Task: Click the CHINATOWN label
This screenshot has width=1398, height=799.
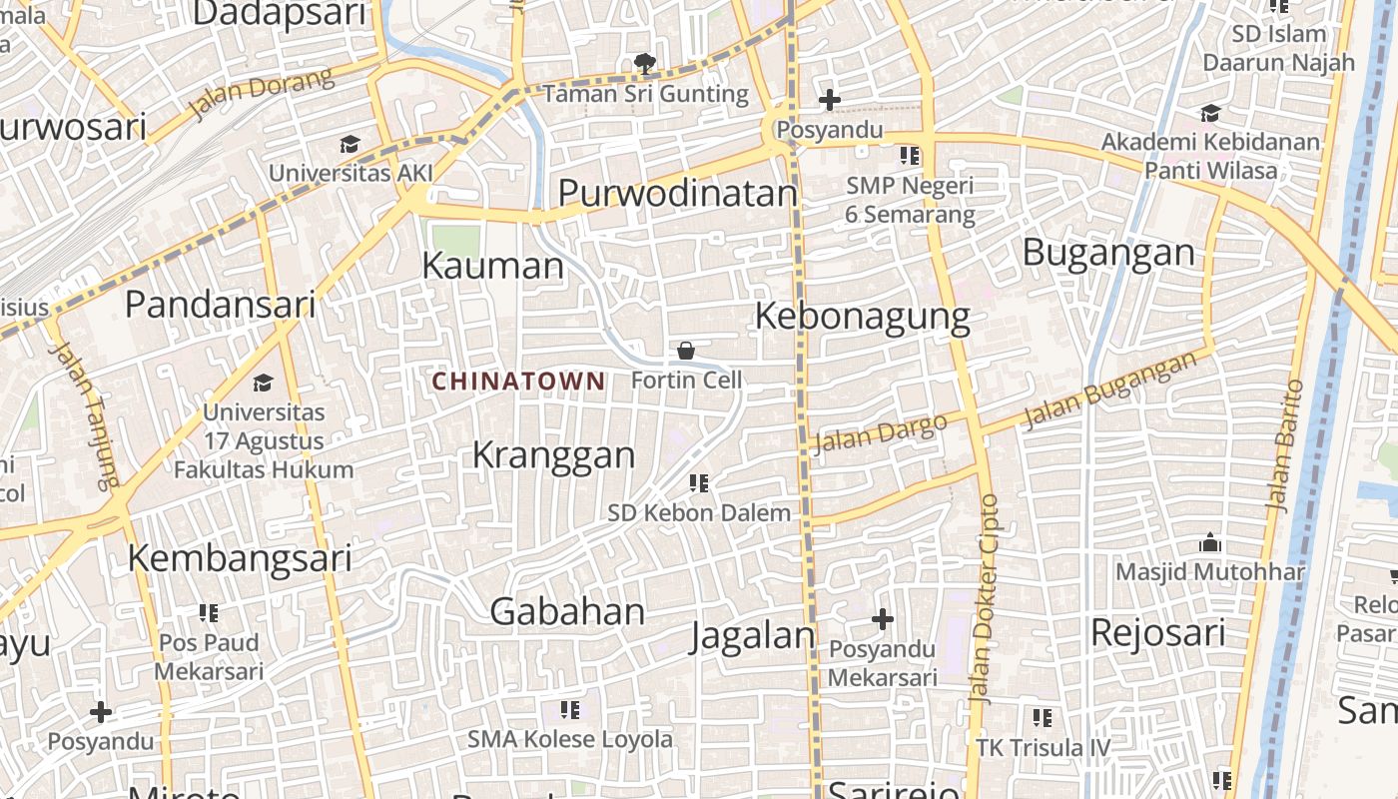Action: click(518, 381)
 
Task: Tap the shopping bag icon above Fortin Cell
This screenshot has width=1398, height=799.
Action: click(686, 351)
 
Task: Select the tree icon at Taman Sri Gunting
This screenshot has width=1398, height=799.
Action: click(645, 65)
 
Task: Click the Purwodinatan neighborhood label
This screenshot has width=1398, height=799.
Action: click(678, 193)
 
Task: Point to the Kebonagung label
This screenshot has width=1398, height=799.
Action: click(862, 316)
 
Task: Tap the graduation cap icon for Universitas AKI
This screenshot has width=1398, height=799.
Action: click(349, 145)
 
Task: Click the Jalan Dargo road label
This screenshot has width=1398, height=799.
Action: click(880, 433)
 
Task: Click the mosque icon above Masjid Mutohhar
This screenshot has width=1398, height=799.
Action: click(1210, 543)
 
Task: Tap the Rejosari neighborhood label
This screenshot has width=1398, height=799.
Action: click(1157, 632)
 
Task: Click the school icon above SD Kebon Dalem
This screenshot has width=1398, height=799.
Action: click(699, 483)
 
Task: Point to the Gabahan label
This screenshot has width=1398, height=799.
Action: click(567, 611)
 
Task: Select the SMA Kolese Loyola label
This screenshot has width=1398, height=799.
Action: click(570, 739)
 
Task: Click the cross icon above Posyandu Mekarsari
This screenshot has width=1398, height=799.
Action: click(883, 619)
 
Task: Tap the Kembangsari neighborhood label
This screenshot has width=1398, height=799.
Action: click(240, 557)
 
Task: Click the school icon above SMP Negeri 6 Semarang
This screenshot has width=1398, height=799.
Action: click(910, 155)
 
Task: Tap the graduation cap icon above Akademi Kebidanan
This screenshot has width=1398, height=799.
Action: click(1210, 113)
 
